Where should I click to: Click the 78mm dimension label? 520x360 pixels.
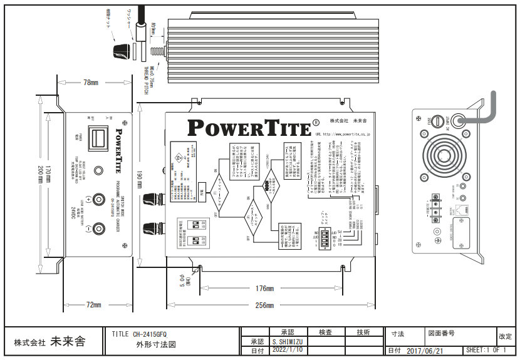91,82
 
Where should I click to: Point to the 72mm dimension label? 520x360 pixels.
93,304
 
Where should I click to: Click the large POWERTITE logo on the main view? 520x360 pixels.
249,128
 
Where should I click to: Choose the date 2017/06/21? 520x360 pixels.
425,351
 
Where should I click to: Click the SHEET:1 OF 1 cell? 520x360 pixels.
486,351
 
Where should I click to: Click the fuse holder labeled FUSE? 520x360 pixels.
438,120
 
